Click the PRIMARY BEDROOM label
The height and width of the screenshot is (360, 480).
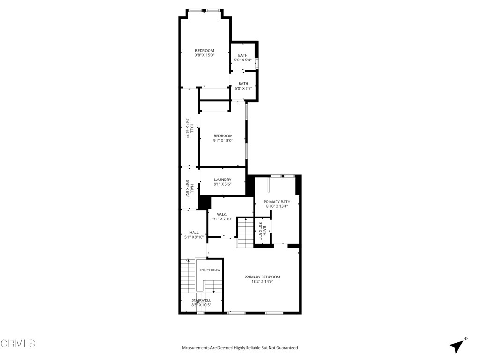click(262, 277)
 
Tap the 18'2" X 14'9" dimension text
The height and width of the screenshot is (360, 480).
click(262, 282)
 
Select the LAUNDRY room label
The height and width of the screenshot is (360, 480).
click(222, 180)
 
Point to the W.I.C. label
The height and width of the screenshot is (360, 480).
click(222, 214)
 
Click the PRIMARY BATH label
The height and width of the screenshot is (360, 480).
click(277, 202)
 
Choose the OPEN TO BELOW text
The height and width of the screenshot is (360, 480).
click(210, 270)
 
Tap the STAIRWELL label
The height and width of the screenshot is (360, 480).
click(201, 300)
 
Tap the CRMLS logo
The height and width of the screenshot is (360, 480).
click(18, 344)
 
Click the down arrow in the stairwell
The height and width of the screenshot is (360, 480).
click(213, 290)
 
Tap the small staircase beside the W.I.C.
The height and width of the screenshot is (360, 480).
click(244, 233)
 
